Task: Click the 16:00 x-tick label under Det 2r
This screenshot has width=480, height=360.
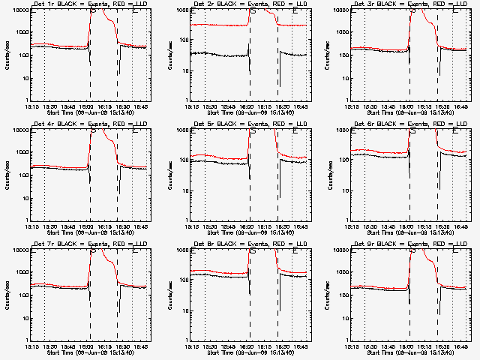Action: tap(248, 105)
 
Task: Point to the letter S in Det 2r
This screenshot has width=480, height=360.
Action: tap(253, 11)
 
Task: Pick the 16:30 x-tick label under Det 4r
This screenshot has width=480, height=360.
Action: tap(124, 225)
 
